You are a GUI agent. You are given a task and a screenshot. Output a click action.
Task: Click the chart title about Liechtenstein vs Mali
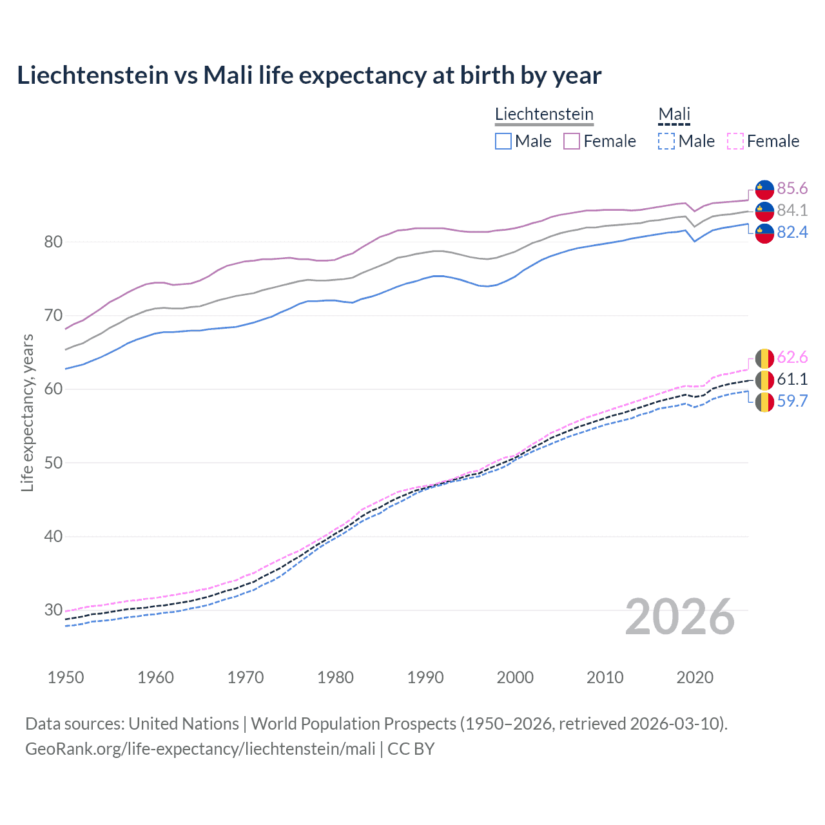click(x=309, y=75)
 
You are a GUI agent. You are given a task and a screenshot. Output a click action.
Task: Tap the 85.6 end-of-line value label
click(x=792, y=188)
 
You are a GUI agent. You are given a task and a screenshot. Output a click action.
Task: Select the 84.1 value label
click(x=792, y=210)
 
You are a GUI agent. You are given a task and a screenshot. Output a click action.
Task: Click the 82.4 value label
click(x=792, y=232)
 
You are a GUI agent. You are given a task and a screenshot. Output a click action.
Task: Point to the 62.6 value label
click(x=792, y=357)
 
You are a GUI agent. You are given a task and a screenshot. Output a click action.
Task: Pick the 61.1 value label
click(x=792, y=379)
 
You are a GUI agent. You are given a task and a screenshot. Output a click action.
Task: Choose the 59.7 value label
click(x=792, y=401)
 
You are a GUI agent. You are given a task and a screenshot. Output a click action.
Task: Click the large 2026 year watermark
click(x=679, y=617)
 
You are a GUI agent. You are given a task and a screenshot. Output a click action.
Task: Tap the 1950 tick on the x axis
click(x=66, y=677)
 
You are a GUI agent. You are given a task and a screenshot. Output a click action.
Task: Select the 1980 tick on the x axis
click(x=335, y=677)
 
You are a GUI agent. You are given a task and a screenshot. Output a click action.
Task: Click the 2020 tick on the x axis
click(x=695, y=677)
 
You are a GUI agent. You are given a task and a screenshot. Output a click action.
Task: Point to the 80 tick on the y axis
click(x=53, y=242)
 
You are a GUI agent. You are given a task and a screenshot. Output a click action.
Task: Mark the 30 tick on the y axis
click(x=53, y=610)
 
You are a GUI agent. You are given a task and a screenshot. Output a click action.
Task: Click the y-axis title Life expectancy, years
click(x=27, y=412)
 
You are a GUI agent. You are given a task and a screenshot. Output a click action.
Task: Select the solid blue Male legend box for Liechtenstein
click(x=503, y=141)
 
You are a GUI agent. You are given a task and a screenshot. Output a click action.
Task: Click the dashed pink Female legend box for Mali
click(x=735, y=141)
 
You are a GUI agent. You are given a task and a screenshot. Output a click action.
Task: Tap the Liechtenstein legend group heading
click(x=544, y=114)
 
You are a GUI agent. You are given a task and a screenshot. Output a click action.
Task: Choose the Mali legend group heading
click(x=674, y=114)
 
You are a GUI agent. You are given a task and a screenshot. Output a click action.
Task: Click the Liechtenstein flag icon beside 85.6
click(x=764, y=189)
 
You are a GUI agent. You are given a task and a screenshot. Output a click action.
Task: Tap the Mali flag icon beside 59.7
click(x=764, y=402)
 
